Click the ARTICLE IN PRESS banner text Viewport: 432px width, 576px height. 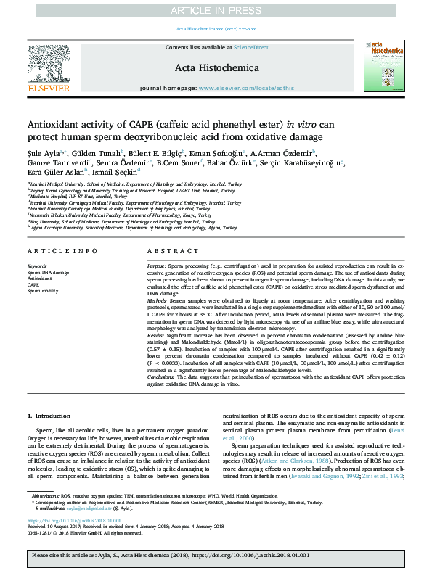[216, 9]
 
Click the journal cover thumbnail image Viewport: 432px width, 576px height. [382, 66]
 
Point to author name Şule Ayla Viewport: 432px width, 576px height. [44, 153]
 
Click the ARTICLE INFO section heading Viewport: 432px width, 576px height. [62, 250]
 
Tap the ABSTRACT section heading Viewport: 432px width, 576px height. [168, 250]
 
